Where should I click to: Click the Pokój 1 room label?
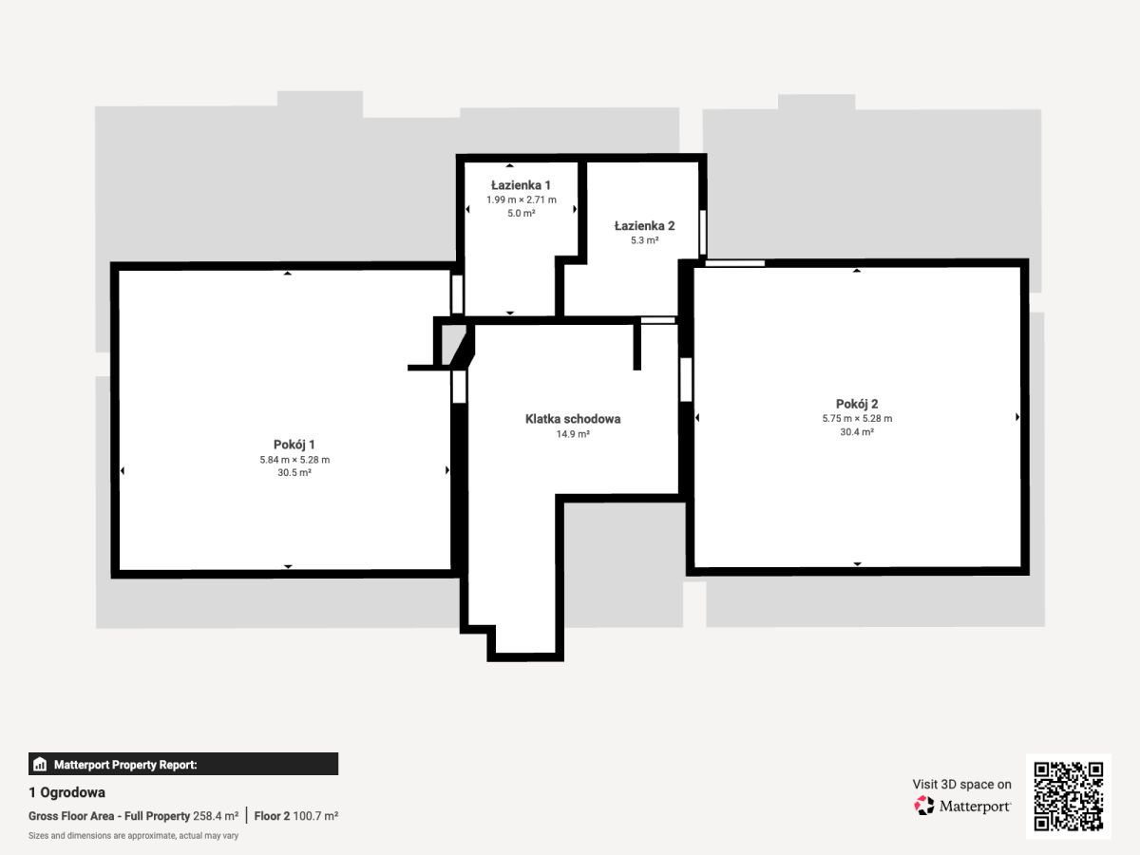pyautogui.click(x=294, y=445)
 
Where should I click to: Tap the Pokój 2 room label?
pyautogui.click(x=857, y=404)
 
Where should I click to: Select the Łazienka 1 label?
pyautogui.click(x=521, y=185)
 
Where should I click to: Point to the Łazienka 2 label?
pyautogui.click(x=644, y=226)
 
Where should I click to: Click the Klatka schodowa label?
pyautogui.click(x=573, y=419)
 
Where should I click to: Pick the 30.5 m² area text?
pyautogui.click(x=294, y=472)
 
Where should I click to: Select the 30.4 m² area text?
pyautogui.click(x=857, y=432)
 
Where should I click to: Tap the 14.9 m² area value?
pyautogui.click(x=573, y=434)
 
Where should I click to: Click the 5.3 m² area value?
pyautogui.click(x=644, y=240)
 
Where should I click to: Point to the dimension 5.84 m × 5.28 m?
pyautogui.click(x=294, y=460)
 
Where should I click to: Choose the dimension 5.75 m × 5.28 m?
pyautogui.click(x=857, y=418)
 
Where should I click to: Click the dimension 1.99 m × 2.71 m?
pyautogui.click(x=522, y=199)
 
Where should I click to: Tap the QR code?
pyautogui.click(x=1069, y=796)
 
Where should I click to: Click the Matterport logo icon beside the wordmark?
pyautogui.click(x=924, y=806)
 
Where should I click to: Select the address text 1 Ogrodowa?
pyautogui.click(x=67, y=792)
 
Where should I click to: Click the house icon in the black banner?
pyautogui.click(x=40, y=764)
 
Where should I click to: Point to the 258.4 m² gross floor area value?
pyautogui.click(x=216, y=816)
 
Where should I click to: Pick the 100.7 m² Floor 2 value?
pyautogui.click(x=315, y=816)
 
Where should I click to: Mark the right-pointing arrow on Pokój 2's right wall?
pyautogui.click(x=1017, y=417)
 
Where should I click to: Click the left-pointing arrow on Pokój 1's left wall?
pyautogui.click(x=122, y=471)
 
